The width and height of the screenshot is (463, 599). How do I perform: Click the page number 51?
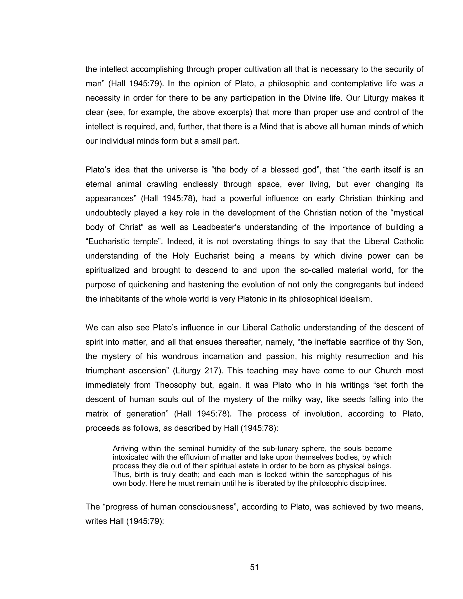254,567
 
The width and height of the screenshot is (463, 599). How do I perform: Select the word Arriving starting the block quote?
125,449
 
